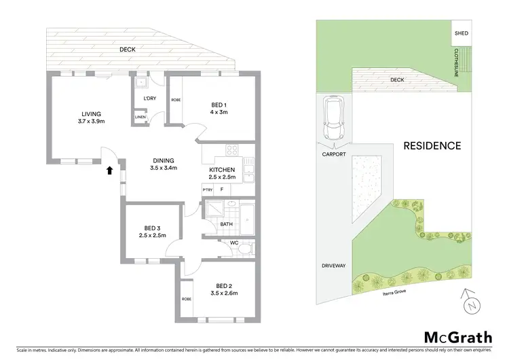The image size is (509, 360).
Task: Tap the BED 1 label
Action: (218, 104)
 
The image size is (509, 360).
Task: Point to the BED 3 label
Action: (153, 228)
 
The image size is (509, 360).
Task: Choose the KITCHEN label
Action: (222, 169)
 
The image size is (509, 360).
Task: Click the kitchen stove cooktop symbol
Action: (231, 151)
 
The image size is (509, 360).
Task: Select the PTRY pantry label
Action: (208, 190)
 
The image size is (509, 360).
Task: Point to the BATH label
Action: (227, 223)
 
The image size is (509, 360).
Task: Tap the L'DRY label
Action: (149, 98)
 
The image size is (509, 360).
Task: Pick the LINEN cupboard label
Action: (140, 118)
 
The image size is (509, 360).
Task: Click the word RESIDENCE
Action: (432, 145)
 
